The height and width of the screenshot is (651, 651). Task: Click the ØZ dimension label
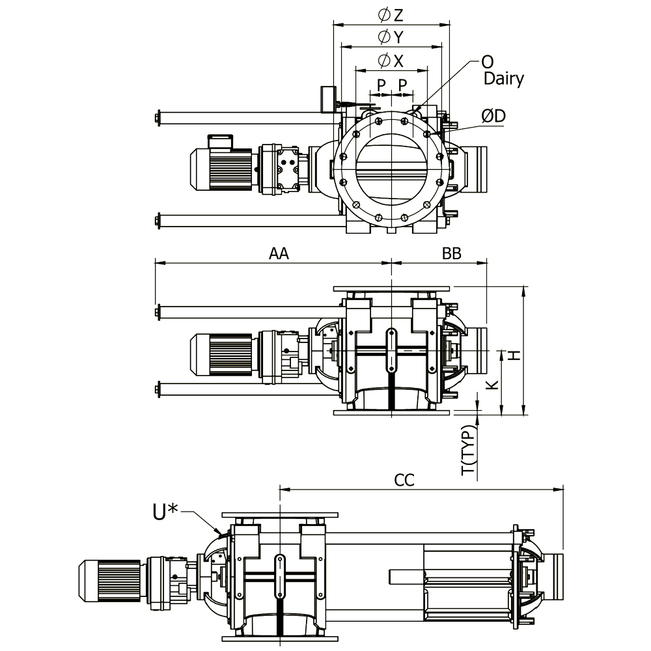(390, 15)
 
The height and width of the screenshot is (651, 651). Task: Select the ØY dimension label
(390, 37)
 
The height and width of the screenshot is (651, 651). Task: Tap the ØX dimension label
(390, 61)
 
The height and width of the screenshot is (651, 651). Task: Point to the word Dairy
(504, 79)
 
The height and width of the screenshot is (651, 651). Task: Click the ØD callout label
(493, 116)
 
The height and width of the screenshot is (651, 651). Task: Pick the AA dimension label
(279, 253)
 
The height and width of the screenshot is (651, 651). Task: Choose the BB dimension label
(451, 253)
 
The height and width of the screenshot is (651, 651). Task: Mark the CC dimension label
(404, 480)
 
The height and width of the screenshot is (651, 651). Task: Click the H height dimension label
(515, 355)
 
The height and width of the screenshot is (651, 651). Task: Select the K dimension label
(492, 385)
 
